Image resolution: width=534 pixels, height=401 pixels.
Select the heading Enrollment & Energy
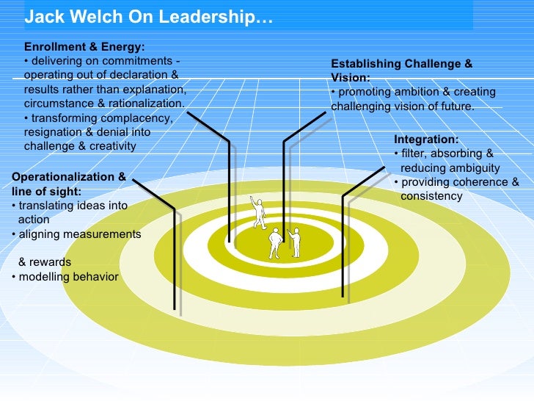(x=84, y=46)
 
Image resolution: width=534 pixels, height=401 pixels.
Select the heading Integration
(x=426, y=140)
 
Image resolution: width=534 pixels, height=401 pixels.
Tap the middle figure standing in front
(x=275, y=243)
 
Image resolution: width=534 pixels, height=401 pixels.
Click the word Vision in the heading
(x=349, y=78)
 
